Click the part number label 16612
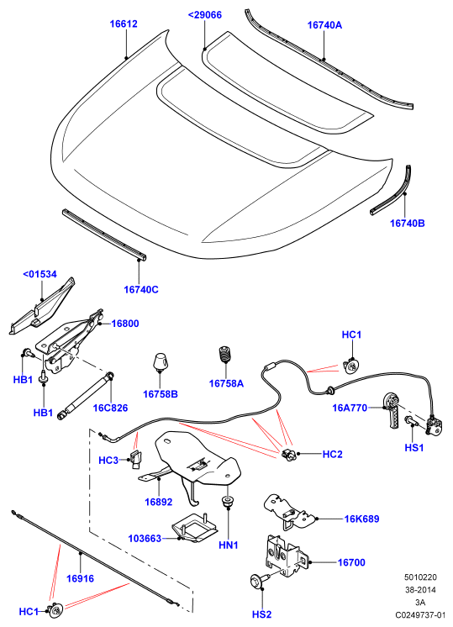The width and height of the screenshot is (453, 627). [124, 24]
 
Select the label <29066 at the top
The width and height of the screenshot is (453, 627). [205, 15]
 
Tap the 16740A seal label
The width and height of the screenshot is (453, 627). [324, 24]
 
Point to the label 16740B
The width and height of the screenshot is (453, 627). [408, 223]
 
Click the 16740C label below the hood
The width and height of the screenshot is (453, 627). [141, 289]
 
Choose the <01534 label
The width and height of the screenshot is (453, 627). [40, 274]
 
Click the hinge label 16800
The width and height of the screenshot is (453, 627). [125, 324]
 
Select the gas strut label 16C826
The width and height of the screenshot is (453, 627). [110, 408]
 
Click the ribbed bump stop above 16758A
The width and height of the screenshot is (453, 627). [226, 355]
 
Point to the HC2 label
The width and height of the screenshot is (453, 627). [333, 454]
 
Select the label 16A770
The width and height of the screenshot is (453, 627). [350, 408]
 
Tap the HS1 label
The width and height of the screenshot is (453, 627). [414, 447]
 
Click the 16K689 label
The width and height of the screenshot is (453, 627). [362, 519]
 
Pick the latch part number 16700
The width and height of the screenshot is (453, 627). [351, 562]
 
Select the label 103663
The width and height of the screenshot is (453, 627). [145, 539]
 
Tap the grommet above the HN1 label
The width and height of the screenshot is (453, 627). [228, 502]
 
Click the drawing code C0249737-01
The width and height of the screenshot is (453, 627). [420, 614]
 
